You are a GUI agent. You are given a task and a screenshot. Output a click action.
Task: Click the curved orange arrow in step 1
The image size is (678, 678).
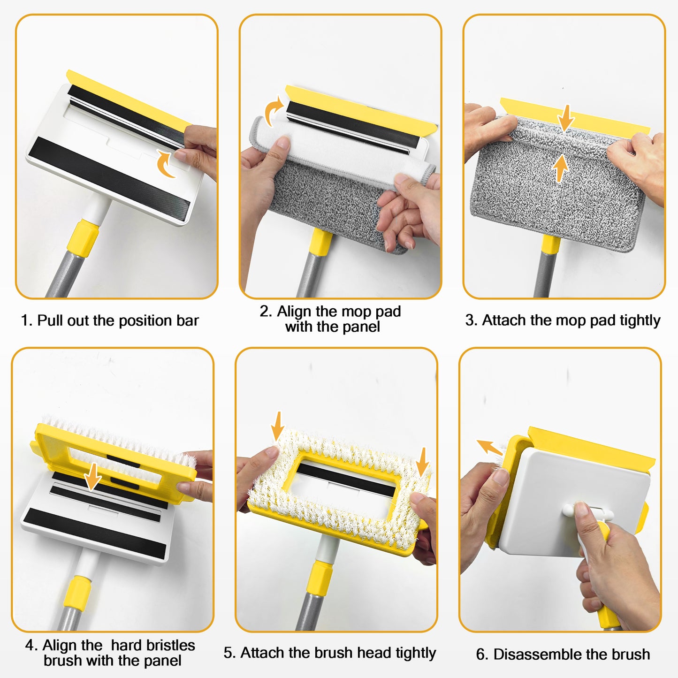165,164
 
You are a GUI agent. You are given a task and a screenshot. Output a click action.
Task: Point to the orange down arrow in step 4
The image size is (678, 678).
92,476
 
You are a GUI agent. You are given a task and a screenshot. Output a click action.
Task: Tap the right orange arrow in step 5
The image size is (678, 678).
422,462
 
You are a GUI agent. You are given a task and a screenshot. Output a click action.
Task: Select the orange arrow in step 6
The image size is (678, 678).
489,448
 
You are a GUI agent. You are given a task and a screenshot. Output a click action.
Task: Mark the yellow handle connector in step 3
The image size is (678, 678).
550,244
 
